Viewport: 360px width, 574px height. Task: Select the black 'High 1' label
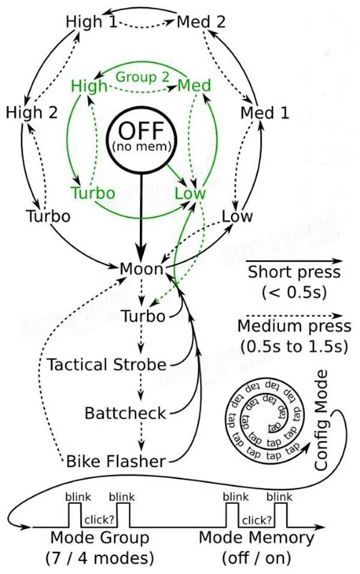(x=92, y=22)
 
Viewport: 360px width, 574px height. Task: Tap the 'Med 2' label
(x=202, y=22)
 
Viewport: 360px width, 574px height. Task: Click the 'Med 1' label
(x=264, y=112)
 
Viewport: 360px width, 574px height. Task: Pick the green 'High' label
(x=89, y=86)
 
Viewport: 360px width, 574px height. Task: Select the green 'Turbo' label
(x=92, y=193)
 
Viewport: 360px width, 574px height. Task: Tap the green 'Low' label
(x=190, y=193)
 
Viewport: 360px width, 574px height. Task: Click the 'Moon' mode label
(x=142, y=269)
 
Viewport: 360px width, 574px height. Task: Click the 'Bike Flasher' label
(x=115, y=461)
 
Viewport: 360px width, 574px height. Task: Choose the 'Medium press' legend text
(x=294, y=326)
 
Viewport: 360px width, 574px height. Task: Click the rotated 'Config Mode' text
(x=322, y=420)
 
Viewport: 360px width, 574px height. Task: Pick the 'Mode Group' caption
(x=99, y=537)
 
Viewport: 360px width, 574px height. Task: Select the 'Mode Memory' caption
(x=256, y=537)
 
